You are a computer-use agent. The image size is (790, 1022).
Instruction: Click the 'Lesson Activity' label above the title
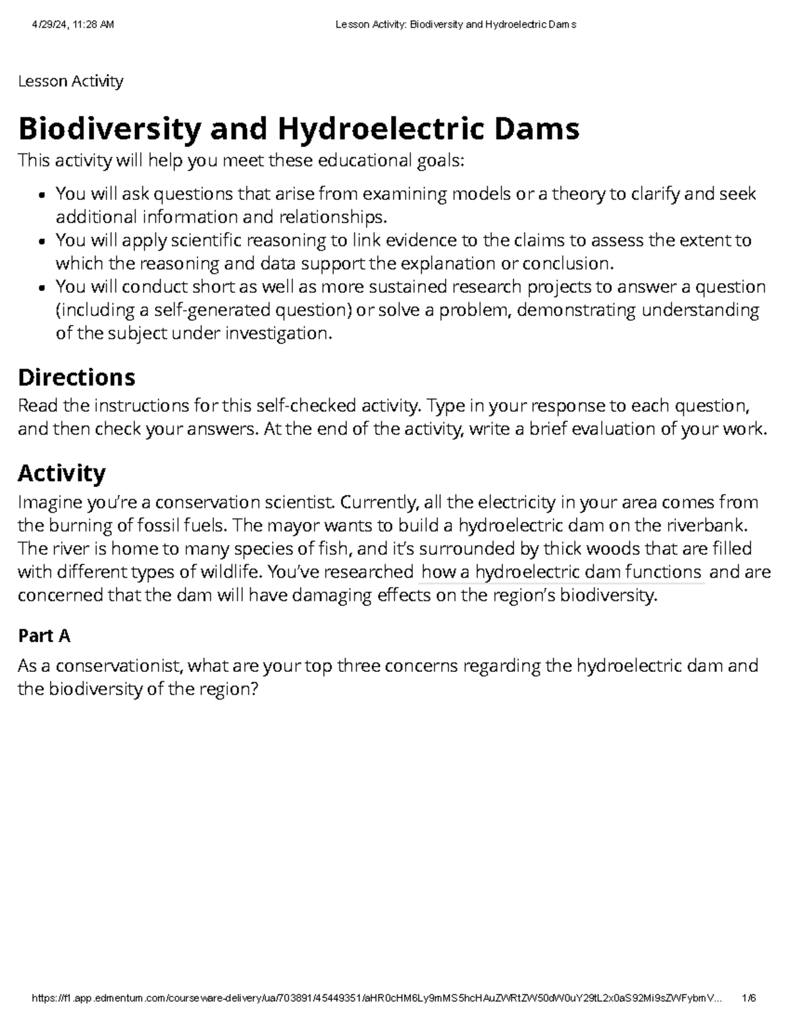pyautogui.click(x=70, y=81)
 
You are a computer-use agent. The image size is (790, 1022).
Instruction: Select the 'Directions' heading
pyautogui.click(x=76, y=377)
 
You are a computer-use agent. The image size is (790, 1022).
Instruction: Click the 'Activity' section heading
pyautogui.click(x=62, y=473)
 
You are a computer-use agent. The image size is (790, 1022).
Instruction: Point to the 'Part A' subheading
pyautogui.click(x=44, y=636)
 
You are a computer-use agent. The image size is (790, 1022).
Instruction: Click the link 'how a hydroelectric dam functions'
pyautogui.click(x=561, y=572)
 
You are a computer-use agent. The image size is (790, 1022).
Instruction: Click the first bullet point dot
pyautogui.click(x=42, y=195)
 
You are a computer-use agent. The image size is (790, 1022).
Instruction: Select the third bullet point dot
pyautogui.click(x=42, y=288)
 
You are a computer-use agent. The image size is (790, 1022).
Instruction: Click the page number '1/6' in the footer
pyautogui.click(x=749, y=998)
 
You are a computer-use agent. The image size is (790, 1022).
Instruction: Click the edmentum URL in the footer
pyautogui.click(x=375, y=998)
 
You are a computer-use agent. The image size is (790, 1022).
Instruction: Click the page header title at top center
pyautogui.click(x=456, y=25)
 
